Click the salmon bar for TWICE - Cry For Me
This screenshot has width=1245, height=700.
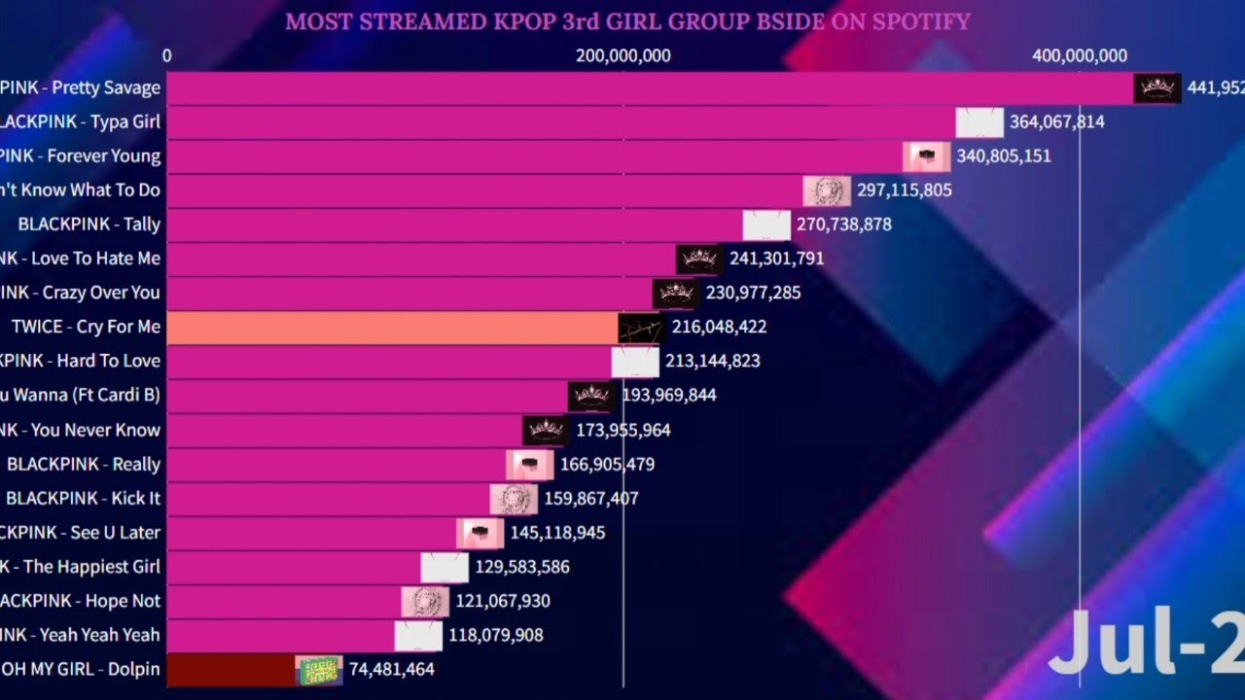(389, 327)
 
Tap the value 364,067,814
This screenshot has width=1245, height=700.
(1057, 122)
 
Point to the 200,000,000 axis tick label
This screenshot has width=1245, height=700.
(623, 55)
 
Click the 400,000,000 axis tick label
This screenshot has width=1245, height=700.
(1080, 55)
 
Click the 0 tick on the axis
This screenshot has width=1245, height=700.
(167, 55)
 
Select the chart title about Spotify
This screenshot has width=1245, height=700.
(627, 20)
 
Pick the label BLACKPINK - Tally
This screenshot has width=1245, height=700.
(89, 224)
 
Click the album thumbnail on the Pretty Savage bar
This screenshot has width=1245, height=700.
(1157, 87)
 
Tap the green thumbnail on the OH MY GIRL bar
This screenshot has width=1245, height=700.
(319, 669)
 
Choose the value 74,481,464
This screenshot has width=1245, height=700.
(391, 669)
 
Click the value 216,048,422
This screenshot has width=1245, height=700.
(719, 327)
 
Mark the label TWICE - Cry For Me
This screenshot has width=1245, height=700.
(86, 327)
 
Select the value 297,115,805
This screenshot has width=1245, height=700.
(905, 190)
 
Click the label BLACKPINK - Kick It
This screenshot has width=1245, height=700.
(84, 498)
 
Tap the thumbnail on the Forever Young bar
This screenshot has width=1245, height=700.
(926, 156)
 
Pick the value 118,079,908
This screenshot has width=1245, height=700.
(496, 635)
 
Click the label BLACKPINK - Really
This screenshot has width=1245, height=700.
(84, 464)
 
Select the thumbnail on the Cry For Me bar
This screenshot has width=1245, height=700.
(642, 328)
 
